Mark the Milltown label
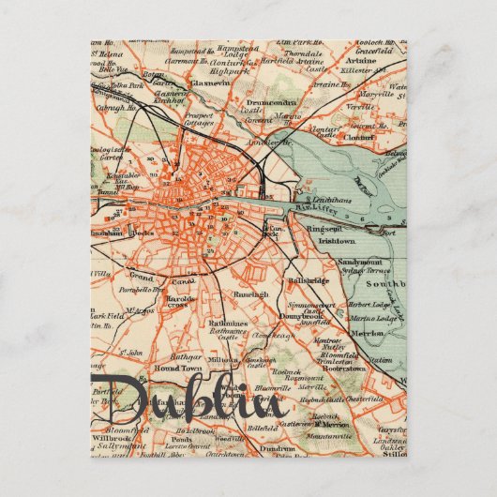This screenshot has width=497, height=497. click(222, 360)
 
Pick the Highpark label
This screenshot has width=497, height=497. click(229, 69)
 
